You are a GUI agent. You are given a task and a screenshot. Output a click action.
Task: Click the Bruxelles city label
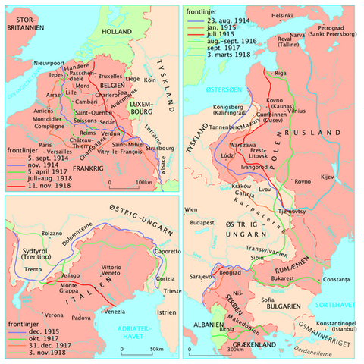click(110, 77)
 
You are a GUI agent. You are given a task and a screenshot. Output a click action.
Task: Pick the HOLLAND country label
click(118, 33)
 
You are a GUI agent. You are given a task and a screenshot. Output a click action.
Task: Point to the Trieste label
click(163, 290)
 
